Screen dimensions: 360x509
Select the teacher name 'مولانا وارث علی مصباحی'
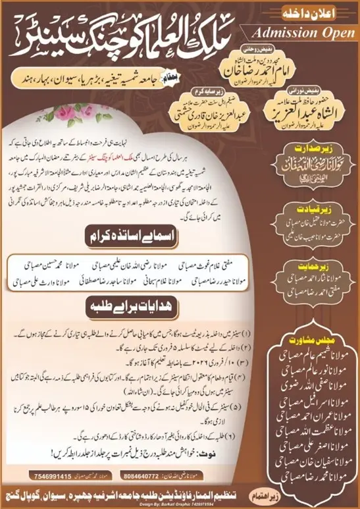53,281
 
